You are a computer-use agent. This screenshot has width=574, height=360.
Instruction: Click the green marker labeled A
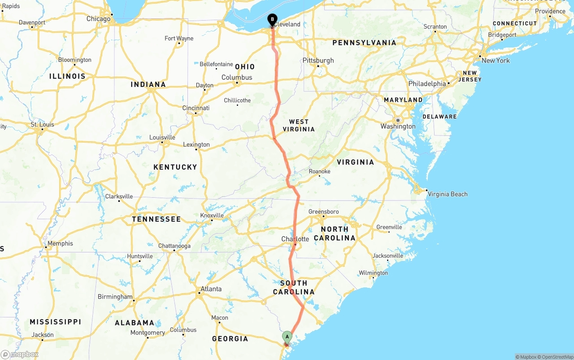tap(287, 337)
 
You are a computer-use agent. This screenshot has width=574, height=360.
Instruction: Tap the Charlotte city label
tap(295, 239)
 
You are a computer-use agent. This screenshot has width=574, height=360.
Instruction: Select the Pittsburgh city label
tap(318, 61)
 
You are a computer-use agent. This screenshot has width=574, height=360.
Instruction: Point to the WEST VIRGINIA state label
tap(299, 125)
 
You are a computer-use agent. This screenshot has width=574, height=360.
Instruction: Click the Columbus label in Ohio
tap(237, 78)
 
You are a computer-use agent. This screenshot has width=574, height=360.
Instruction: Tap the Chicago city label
tap(98, 19)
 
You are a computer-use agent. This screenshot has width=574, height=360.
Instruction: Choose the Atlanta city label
tap(211, 289)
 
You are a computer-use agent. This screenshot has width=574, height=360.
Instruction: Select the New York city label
tap(496, 61)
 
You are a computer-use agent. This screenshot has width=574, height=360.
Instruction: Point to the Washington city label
tap(398, 126)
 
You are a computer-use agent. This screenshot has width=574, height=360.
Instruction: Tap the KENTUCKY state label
tap(175, 167)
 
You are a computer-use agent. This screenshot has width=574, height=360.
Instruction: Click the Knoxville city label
tap(212, 215)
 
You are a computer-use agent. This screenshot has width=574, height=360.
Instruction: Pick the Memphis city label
tap(60, 243)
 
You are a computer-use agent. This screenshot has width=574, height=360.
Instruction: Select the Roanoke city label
tap(319, 171)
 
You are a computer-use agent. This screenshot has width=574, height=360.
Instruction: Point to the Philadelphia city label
tap(427, 84)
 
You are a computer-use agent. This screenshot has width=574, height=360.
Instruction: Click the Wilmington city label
tap(373, 273)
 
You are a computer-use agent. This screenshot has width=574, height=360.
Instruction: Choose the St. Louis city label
tap(42, 124)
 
